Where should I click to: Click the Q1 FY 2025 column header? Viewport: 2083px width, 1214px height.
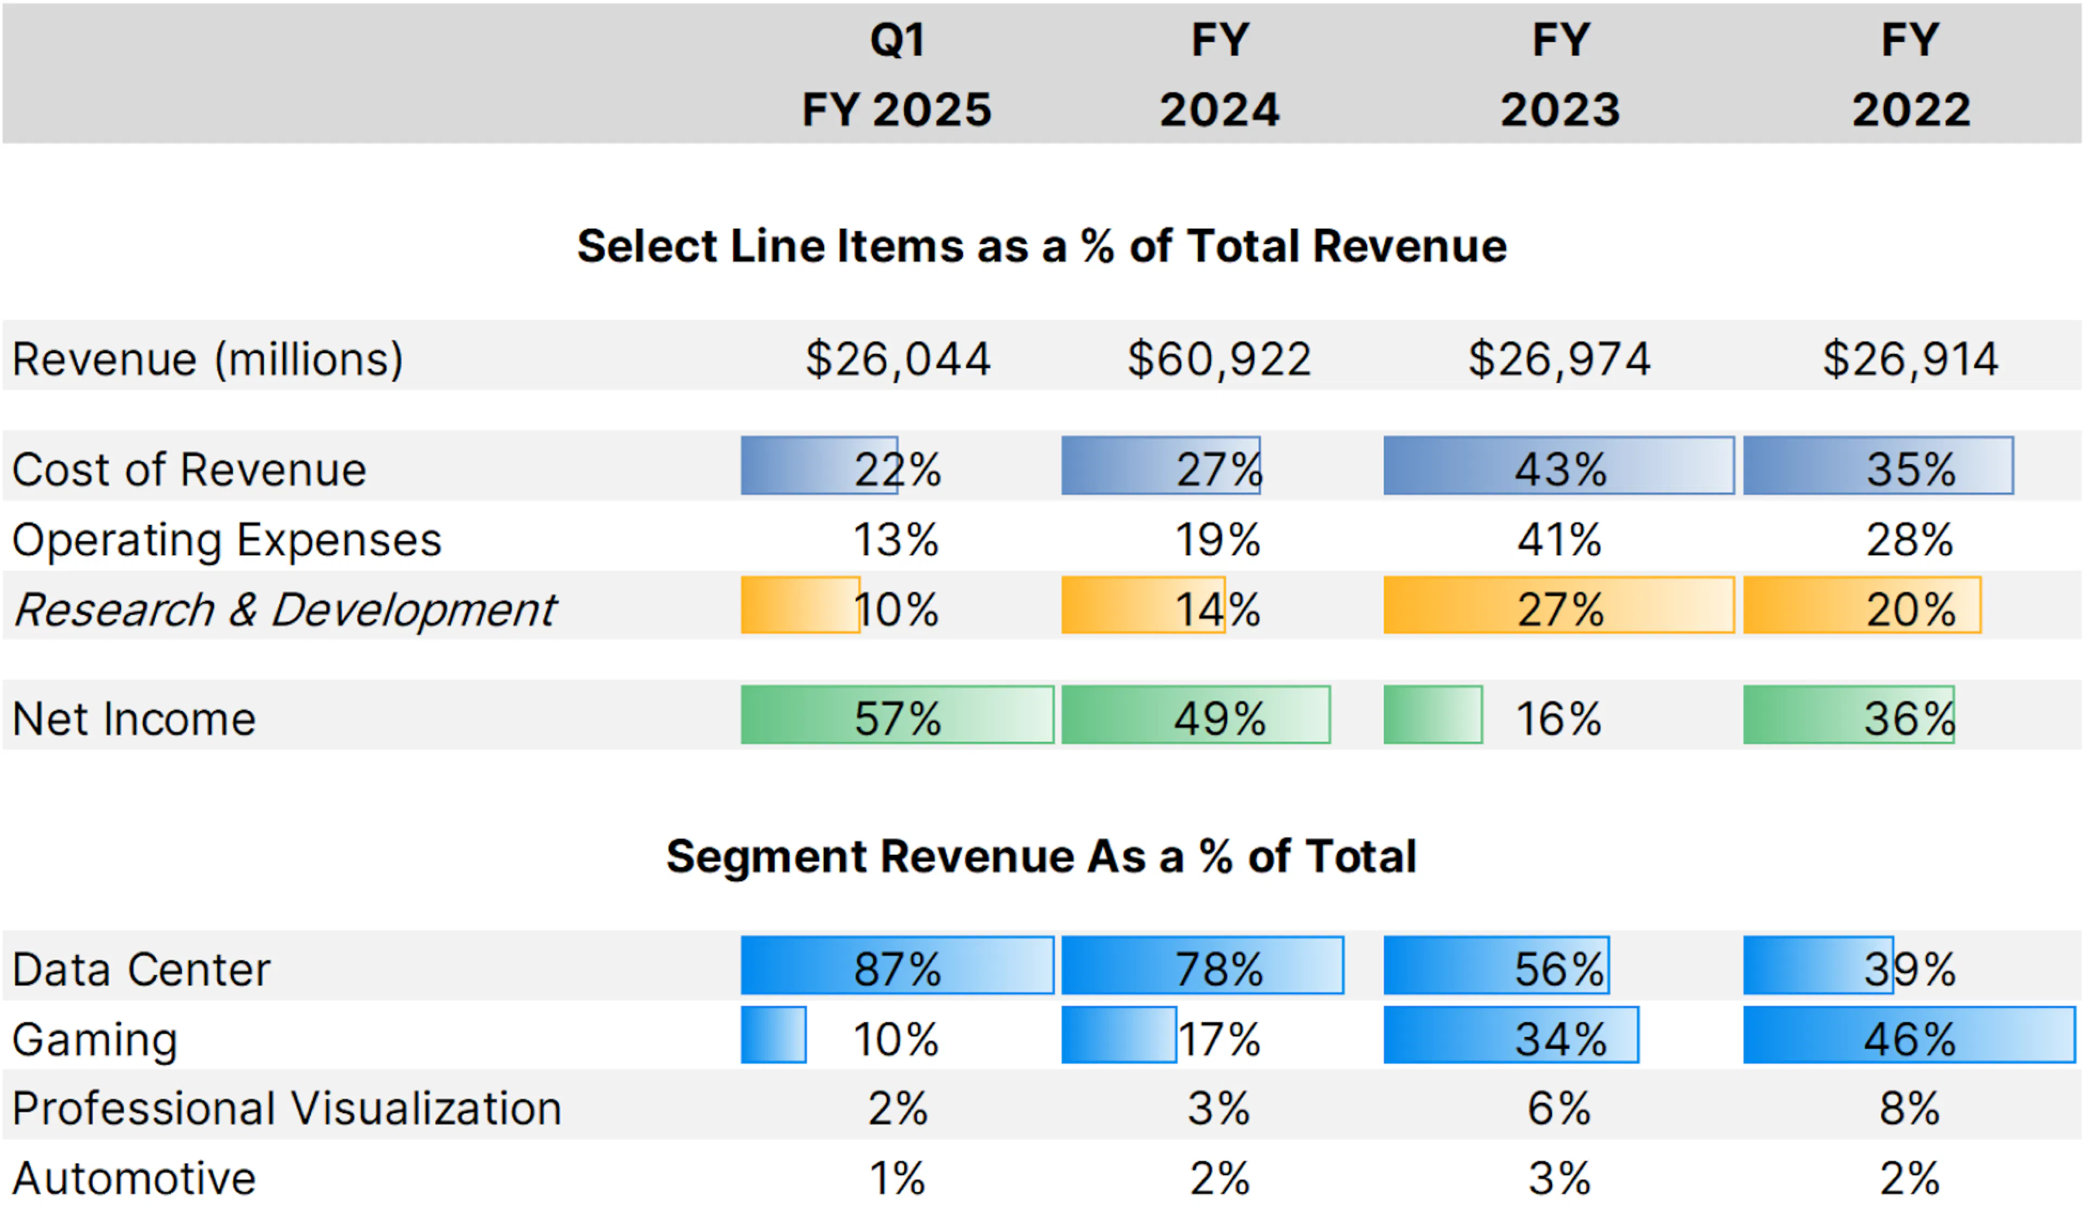(897, 74)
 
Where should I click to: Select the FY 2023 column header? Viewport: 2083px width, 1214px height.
(1560, 74)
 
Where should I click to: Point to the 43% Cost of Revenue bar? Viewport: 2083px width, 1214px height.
(1559, 466)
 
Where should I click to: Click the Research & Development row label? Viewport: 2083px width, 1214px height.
(285, 610)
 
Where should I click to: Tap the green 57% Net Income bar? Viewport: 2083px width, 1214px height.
(897, 715)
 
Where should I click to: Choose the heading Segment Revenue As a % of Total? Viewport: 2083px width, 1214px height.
(1041, 856)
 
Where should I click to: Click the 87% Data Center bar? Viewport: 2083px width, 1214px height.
(897, 965)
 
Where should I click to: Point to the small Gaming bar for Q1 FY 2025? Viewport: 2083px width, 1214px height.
(773, 1034)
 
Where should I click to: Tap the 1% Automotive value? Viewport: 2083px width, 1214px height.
(897, 1178)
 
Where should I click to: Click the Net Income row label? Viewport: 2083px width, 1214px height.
(134, 718)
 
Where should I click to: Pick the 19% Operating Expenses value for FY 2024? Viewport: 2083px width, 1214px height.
(1218, 540)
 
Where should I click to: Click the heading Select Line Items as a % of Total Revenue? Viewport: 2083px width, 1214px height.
(1041, 246)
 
